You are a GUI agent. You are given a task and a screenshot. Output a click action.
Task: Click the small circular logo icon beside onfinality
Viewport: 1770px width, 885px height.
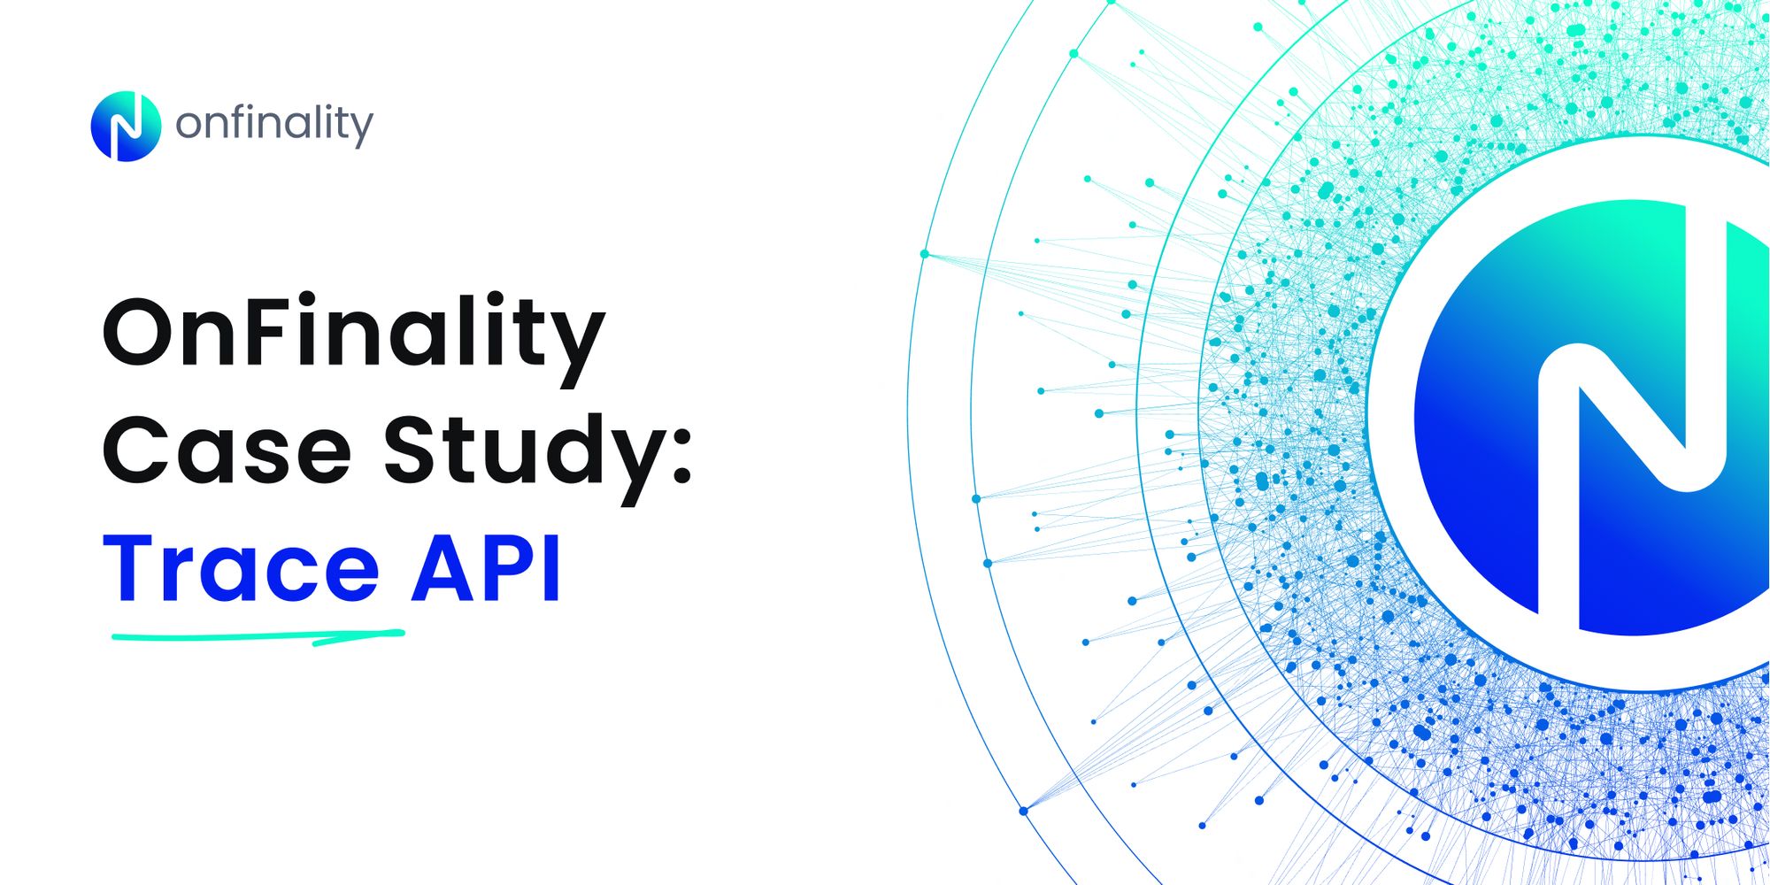[126, 126]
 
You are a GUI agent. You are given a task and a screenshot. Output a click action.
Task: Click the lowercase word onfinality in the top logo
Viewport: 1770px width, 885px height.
[274, 124]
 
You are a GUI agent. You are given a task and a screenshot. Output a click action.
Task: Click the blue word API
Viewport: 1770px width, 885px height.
[486, 568]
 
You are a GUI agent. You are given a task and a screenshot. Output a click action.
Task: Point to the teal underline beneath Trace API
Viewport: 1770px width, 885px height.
[257, 635]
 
